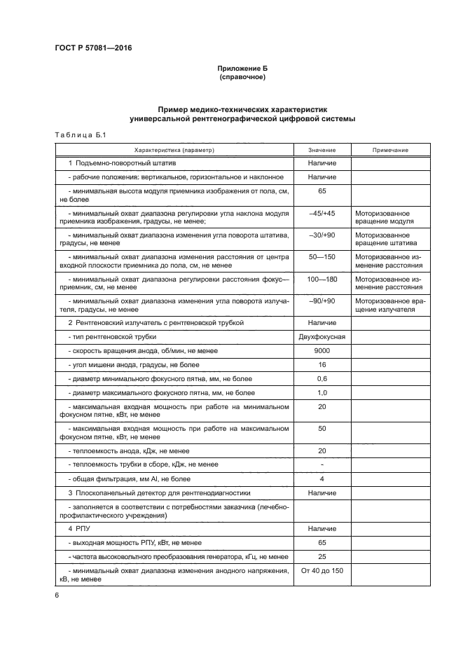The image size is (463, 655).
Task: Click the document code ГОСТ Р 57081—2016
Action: click(92, 48)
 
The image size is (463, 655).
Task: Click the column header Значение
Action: click(322, 150)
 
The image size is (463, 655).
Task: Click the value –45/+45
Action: click(322, 213)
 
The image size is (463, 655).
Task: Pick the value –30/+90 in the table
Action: click(322, 235)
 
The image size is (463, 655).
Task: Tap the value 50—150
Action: click(322, 257)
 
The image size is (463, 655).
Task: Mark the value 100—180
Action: click(322, 279)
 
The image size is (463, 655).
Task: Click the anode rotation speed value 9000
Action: click(322, 350)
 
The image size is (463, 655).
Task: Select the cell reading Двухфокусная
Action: click(322, 336)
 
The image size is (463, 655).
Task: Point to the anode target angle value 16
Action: click(322, 364)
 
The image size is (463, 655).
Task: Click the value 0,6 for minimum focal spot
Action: click(322, 378)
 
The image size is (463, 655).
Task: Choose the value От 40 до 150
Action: click(322, 571)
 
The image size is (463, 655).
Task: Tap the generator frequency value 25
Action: click(322, 556)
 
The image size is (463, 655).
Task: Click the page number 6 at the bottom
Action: click(57, 595)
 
